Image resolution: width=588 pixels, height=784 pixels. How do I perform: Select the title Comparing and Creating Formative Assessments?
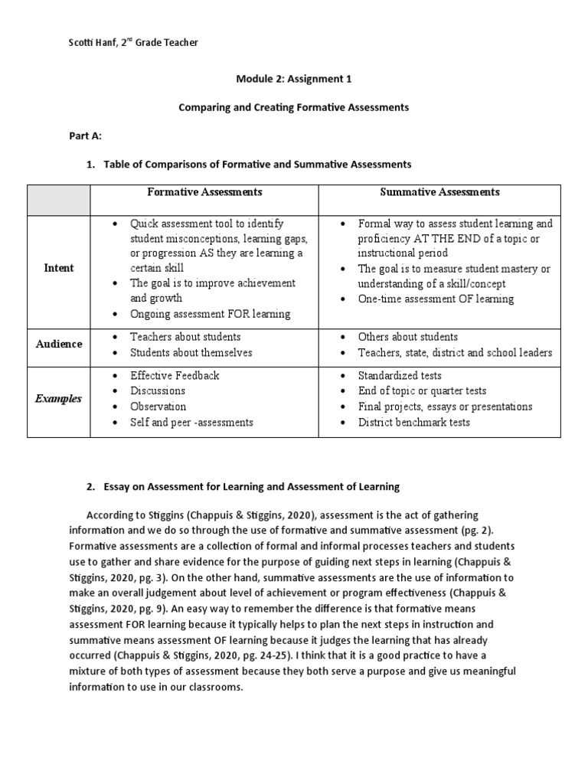point(293,107)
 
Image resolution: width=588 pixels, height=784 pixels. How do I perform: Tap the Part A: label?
point(86,136)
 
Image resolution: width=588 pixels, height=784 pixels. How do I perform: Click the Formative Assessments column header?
point(204,192)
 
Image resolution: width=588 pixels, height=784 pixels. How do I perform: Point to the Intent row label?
point(58,269)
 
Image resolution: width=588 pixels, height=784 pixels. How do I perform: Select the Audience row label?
point(58,344)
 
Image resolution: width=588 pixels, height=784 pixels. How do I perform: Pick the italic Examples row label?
point(58,399)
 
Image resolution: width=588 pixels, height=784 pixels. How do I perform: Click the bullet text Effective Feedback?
point(175,376)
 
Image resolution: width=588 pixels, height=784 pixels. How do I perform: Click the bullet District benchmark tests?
point(413,423)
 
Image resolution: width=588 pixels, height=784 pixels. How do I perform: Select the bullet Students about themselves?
point(191,353)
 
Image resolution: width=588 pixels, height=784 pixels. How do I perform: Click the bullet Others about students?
point(407,337)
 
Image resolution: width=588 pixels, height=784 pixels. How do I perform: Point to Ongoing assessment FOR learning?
point(210,314)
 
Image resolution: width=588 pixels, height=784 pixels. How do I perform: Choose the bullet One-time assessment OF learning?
point(436,299)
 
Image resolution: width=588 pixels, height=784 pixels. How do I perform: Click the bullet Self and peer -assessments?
point(191,423)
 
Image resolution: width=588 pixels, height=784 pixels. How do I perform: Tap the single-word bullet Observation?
point(158,407)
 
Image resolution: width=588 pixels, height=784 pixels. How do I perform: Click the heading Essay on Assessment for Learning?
point(252,487)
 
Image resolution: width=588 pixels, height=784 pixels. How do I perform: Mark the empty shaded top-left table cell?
point(58,199)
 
